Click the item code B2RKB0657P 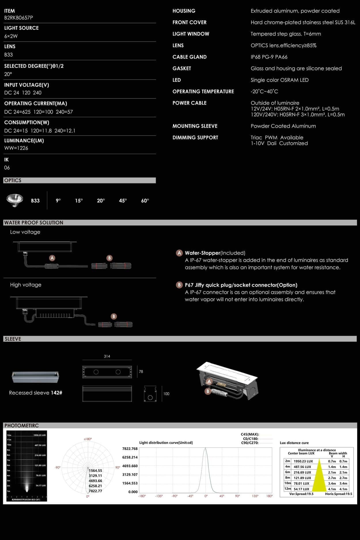18,18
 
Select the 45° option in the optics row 123,201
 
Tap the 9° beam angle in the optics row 58,201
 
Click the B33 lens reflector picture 15,200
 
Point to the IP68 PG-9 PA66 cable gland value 269,57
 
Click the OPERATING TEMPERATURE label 203,92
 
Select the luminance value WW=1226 16,148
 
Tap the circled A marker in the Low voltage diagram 52,258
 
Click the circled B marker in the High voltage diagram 114,317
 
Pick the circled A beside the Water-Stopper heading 179,253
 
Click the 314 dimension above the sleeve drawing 107,356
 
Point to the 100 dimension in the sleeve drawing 166,394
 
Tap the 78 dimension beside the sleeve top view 141,372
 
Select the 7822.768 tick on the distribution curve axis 130,449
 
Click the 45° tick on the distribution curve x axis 222,496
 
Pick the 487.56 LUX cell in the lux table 302,467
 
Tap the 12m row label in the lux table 287,489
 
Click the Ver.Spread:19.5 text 301,494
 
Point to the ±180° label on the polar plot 88,439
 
